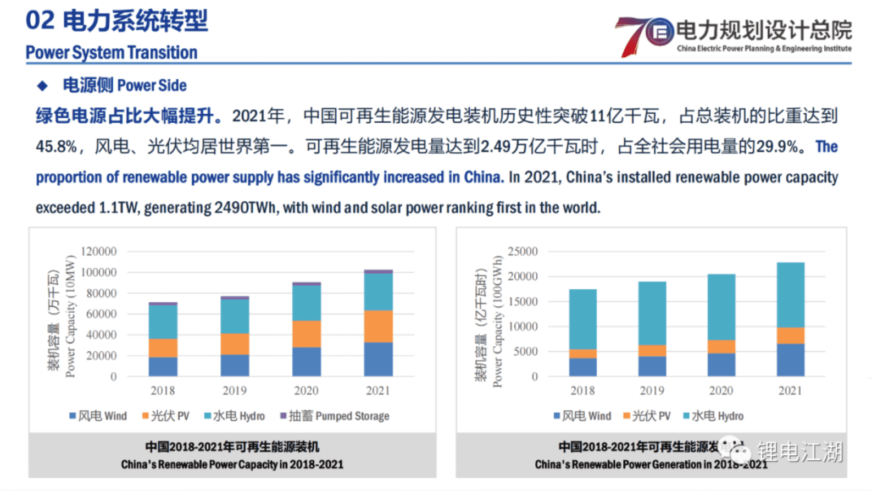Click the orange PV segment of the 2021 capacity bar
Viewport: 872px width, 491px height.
pos(378,326)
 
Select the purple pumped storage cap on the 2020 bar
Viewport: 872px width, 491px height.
pos(306,284)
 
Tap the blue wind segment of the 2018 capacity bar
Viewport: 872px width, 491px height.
pos(163,367)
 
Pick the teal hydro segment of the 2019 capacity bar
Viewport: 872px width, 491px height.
pos(235,317)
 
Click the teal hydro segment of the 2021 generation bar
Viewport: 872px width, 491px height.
pos(790,295)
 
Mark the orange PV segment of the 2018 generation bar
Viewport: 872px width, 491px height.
pos(582,354)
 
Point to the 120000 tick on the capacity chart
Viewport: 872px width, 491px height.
pos(99,251)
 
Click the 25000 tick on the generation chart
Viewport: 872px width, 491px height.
pos(523,251)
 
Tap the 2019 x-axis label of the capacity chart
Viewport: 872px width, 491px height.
pos(235,390)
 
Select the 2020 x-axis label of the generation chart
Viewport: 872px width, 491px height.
pos(721,390)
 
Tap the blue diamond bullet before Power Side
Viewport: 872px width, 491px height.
pos(42,86)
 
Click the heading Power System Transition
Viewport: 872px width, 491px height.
pos(112,53)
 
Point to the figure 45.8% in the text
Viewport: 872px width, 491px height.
pos(56,147)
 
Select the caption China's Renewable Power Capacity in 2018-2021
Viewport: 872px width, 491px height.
pos(232,465)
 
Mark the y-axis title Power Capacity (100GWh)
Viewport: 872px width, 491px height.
pos(498,322)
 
